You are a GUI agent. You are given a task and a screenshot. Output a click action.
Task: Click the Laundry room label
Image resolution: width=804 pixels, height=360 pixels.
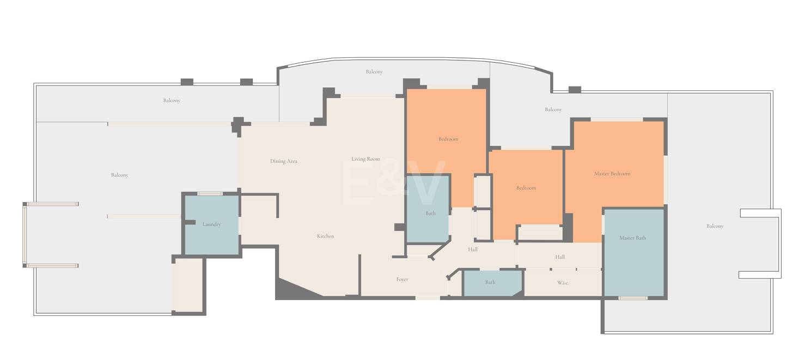tap(211, 224)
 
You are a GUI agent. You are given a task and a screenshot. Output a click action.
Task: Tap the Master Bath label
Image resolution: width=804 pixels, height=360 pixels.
tap(632, 238)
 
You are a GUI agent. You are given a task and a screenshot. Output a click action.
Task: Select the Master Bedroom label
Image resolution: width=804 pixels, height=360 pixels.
tap(612, 174)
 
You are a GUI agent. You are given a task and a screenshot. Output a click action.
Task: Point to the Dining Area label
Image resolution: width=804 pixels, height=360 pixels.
tap(284, 161)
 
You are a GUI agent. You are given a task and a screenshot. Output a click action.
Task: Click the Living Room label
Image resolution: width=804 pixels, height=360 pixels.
tap(366, 159)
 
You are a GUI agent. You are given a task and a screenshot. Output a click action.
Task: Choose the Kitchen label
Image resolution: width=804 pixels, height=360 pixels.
tap(325, 236)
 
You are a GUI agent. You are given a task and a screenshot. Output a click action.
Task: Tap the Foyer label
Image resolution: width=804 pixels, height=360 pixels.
tap(402, 279)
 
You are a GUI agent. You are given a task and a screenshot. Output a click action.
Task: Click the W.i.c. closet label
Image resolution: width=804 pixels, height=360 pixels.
tap(563, 283)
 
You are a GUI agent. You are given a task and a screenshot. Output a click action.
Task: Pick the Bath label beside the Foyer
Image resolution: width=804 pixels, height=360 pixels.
tap(490, 282)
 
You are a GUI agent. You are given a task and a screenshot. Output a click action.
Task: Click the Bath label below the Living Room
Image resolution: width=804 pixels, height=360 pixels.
tap(430, 213)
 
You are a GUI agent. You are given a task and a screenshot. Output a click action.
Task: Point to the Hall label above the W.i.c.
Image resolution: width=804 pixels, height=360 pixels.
tap(560, 257)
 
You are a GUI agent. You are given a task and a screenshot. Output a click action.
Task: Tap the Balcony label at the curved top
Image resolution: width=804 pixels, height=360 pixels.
tap(374, 72)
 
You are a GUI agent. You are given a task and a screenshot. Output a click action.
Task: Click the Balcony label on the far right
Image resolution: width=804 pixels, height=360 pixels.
tap(715, 226)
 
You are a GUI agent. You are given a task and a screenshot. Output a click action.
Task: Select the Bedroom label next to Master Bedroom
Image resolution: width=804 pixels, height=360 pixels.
tap(526, 188)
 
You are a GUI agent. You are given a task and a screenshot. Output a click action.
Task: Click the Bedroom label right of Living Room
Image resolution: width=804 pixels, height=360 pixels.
tap(448, 139)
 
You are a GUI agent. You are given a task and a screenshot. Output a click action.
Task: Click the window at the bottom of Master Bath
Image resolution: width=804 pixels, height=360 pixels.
tap(633, 298)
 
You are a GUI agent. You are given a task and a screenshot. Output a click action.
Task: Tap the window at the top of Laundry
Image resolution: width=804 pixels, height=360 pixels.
tap(210, 194)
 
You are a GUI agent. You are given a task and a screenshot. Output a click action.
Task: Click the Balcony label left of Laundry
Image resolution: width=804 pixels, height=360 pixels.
tap(119, 175)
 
